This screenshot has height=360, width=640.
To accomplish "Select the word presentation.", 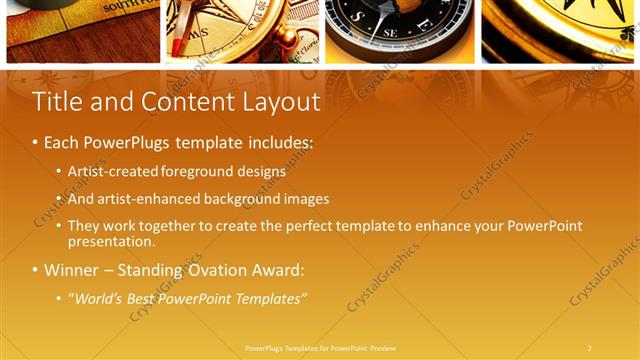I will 112,241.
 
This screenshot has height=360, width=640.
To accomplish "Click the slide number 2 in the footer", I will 589,348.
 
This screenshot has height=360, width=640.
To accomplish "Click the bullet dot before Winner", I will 36,271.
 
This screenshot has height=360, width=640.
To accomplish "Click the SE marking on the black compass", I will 391,32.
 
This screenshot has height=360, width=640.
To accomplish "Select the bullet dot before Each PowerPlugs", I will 36,144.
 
